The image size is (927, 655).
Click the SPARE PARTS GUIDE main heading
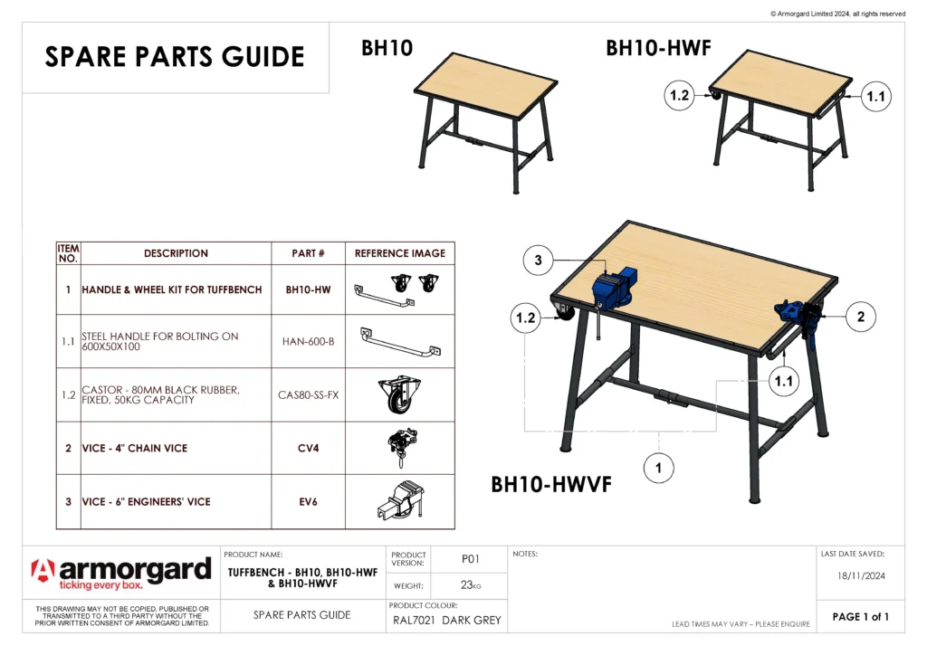pyautogui.click(x=175, y=57)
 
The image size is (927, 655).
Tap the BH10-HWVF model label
pyautogui.click(x=551, y=485)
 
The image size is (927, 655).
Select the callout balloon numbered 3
pyautogui.click(x=538, y=261)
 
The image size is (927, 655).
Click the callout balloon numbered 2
pyautogui.click(x=861, y=317)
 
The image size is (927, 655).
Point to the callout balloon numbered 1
pyautogui.click(x=658, y=468)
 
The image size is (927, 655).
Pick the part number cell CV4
pyautogui.click(x=308, y=449)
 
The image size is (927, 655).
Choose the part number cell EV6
pyautogui.click(x=308, y=501)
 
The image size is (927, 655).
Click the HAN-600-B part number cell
pyautogui.click(x=308, y=341)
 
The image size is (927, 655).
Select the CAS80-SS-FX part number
pyautogui.click(x=308, y=394)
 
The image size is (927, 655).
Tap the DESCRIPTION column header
pyautogui.click(x=176, y=253)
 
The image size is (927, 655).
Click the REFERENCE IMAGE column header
pyautogui.click(x=399, y=253)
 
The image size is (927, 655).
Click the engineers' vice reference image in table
pyautogui.click(x=399, y=501)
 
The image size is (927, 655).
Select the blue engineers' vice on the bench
pyautogui.click(x=615, y=287)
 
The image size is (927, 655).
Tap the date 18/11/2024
pyautogui.click(x=860, y=574)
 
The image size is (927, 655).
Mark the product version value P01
pyautogui.click(x=470, y=559)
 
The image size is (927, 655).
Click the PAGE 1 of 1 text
pyautogui.click(x=860, y=617)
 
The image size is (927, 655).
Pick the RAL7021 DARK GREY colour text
pyautogui.click(x=446, y=621)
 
